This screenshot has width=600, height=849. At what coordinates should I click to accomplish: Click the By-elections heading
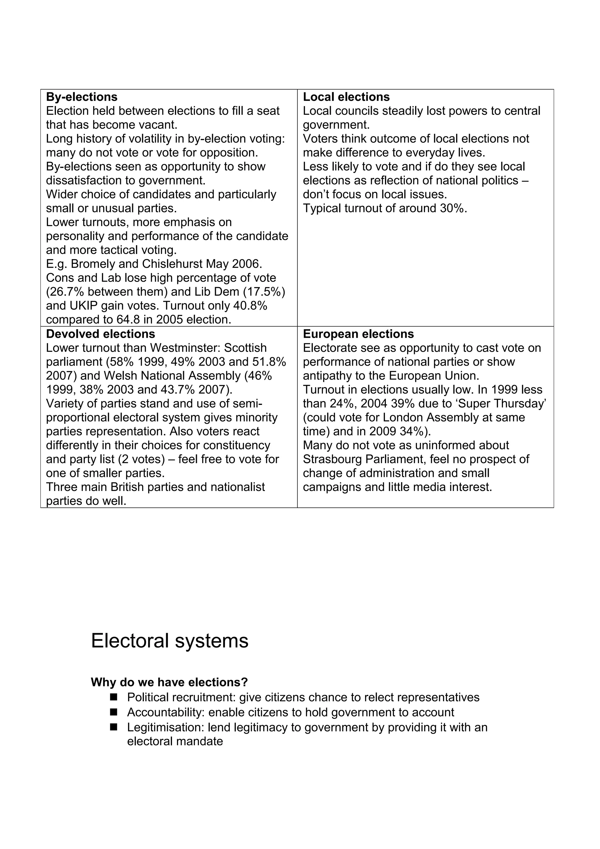click(x=82, y=97)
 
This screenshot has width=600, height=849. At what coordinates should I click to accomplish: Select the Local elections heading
click(x=346, y=97)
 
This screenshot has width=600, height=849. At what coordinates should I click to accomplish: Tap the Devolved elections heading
click(x=100, y=334)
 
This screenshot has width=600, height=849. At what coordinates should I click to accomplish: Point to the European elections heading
click(x=358, y=334)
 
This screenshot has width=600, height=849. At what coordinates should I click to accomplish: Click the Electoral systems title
click(x=169, y=641)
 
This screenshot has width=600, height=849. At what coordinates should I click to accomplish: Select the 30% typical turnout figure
click(x=452, y=209)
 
